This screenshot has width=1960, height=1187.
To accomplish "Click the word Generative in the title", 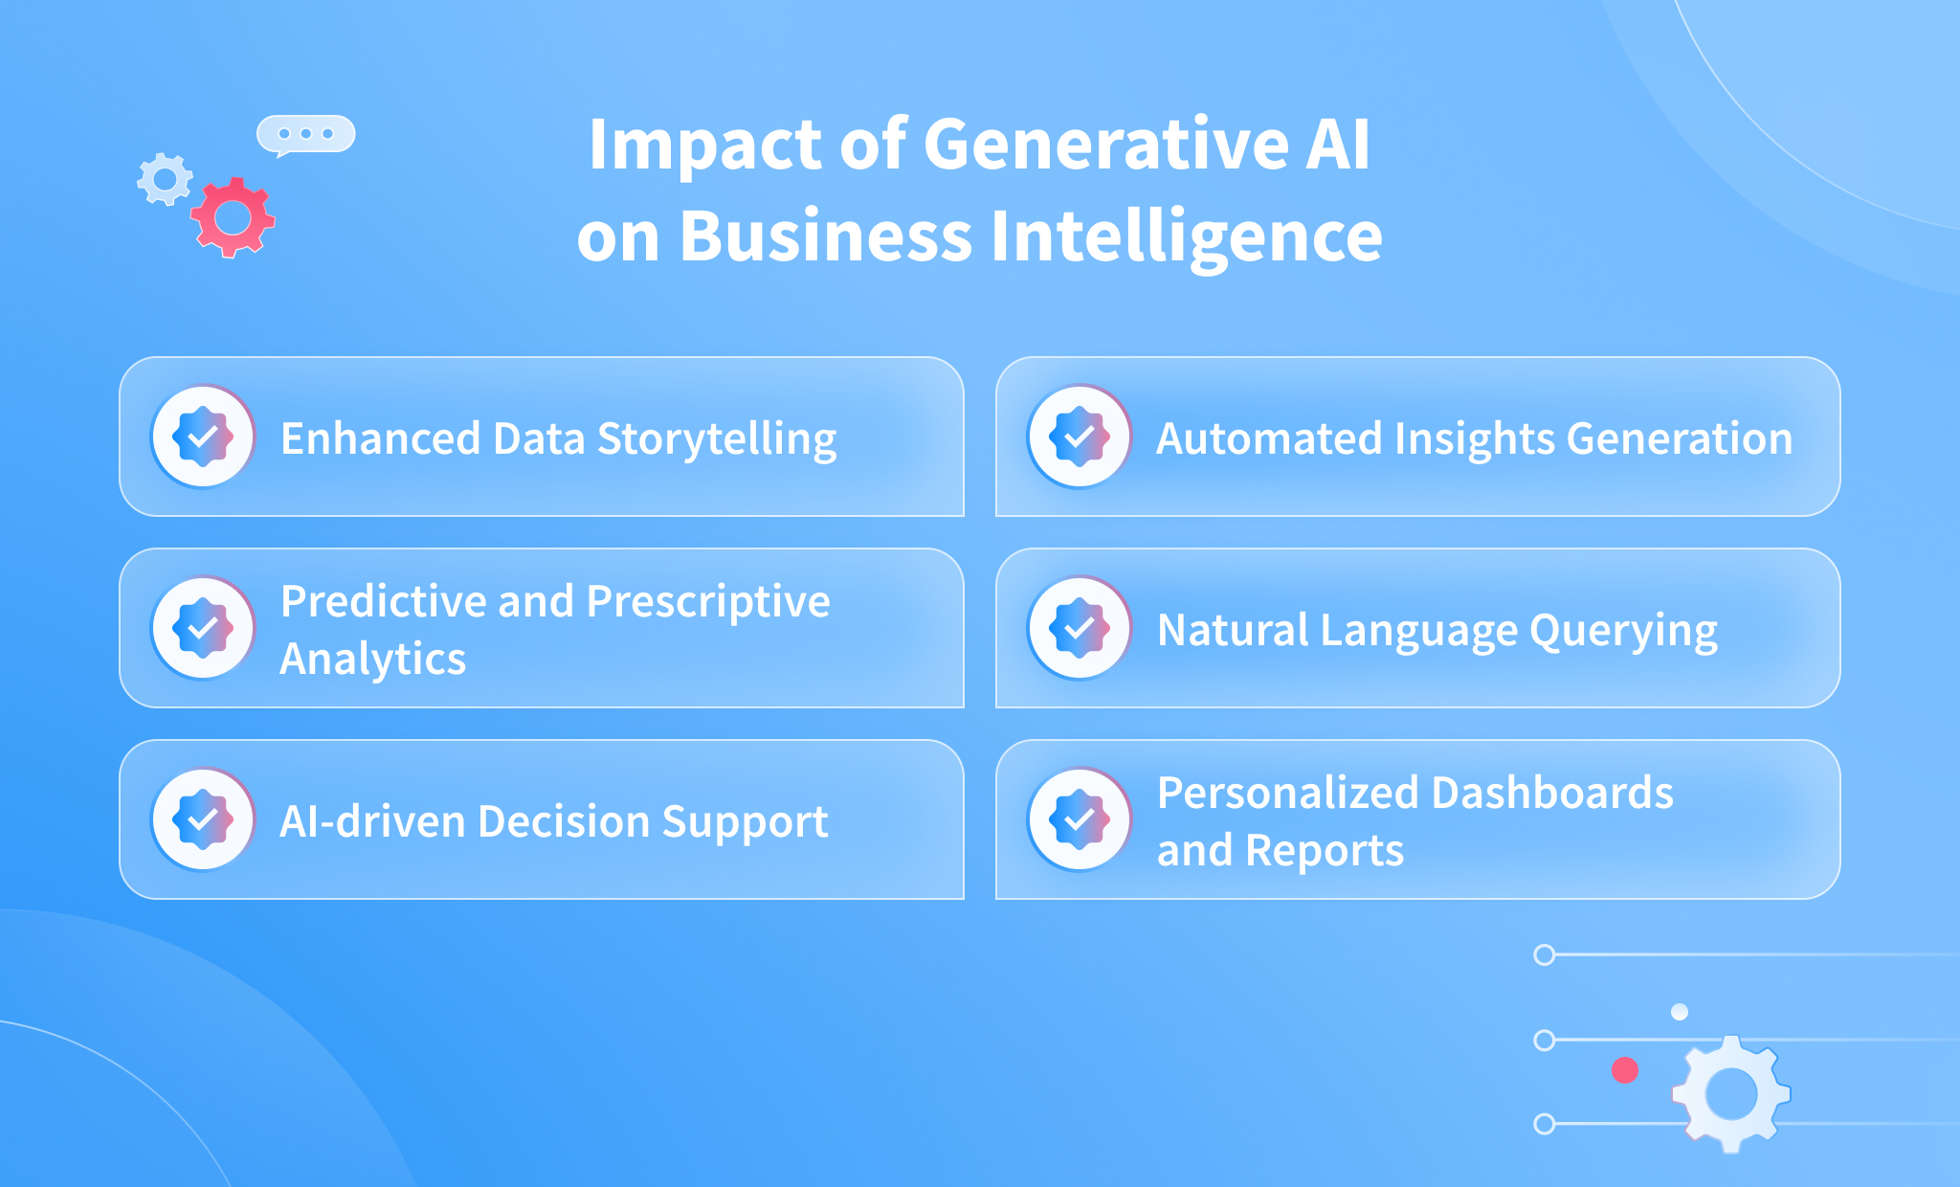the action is click(1105, 145).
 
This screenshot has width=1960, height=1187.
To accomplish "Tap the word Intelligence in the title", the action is click(1187, 237).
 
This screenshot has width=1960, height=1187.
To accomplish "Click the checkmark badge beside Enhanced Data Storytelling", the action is click(203, 437).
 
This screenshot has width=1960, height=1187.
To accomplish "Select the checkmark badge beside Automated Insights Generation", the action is click(1080, 437).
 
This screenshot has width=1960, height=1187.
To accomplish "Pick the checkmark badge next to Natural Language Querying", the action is click(1080, 628).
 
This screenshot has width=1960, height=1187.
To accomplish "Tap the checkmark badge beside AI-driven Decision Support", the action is click(203, 819).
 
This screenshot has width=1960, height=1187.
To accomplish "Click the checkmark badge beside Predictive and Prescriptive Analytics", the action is click(203, 628).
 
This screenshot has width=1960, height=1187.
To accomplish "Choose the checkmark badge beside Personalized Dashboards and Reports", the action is click(1080, 819).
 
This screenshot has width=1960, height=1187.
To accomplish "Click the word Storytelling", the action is click(717, 440).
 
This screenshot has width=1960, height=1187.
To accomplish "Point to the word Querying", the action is click(1623, 632).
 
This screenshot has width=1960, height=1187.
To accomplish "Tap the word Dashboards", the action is click(1552, 793).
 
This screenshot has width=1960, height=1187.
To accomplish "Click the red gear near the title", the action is click(233, 217).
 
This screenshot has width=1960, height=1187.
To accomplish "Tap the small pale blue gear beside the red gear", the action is click(165, 179).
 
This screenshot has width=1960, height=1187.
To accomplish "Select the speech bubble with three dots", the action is click(305, 135).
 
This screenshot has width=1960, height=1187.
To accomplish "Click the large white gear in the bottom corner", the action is click(1730, 1094).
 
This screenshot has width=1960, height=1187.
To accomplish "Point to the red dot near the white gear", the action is click(1625, 1070).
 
